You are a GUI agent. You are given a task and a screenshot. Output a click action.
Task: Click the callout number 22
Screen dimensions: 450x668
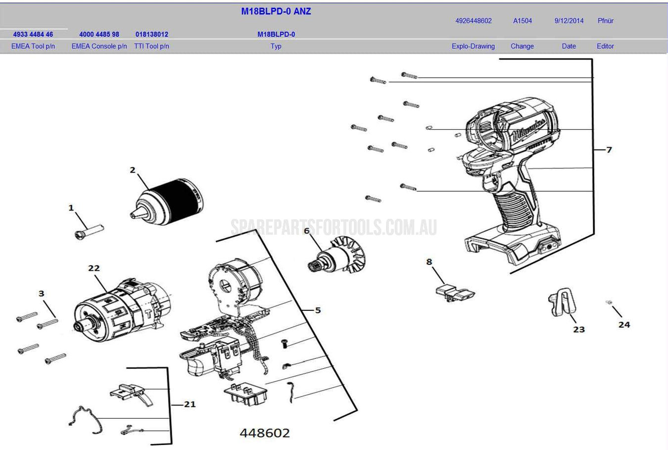(94, 268)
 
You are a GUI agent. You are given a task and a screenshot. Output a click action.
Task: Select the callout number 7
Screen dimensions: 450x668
(609, 150)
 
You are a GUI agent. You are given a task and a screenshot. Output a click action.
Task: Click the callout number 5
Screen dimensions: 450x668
(318, 310)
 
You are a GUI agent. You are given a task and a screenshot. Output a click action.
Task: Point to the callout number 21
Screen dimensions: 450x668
(190, 404)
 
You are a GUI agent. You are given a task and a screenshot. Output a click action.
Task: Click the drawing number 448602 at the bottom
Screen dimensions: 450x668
(265, 433)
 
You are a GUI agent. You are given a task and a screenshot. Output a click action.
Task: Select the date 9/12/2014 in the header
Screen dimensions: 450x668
(569, 21)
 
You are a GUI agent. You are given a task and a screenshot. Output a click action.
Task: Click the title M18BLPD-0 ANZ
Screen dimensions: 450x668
(276, 11)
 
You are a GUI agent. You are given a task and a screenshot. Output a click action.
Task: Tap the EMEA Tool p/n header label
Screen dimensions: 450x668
(33, 46)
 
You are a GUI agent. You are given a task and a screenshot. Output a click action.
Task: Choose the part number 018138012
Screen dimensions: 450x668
(152, 34)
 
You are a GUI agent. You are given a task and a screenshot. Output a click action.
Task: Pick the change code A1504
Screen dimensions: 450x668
(523, 21)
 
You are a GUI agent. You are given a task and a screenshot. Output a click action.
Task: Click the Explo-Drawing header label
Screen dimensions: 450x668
(473, 46)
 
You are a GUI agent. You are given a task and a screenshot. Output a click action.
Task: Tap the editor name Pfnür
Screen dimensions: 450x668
(605, 21)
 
